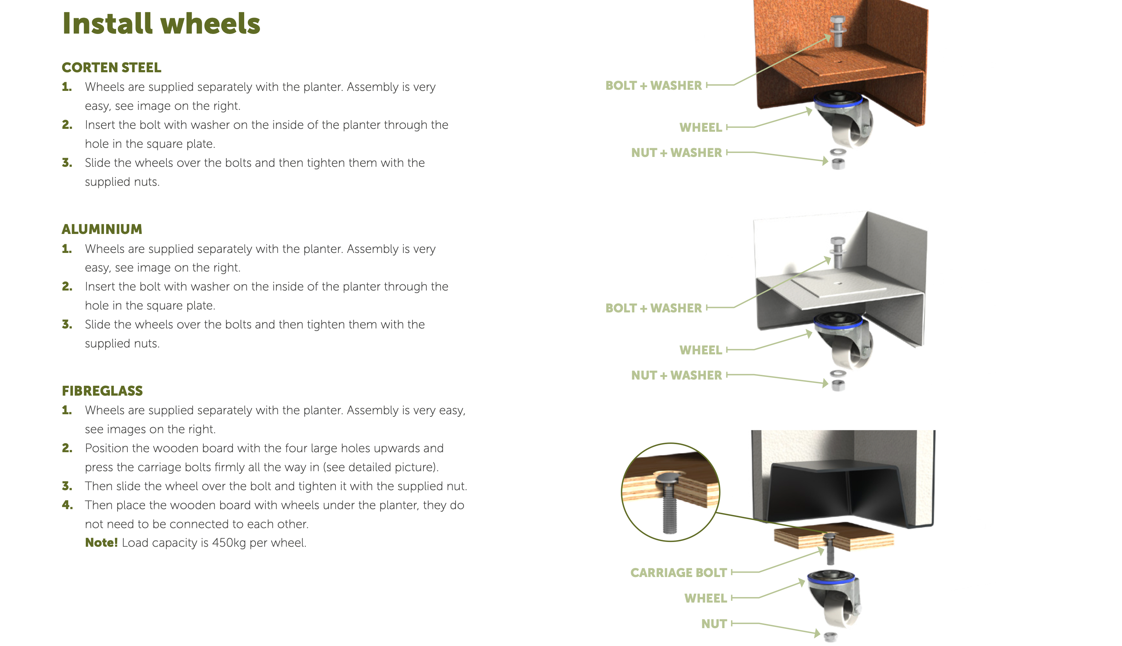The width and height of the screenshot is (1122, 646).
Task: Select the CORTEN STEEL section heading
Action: (x=111, y=68)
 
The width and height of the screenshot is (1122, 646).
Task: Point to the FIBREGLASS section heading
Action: (x=102, y=391)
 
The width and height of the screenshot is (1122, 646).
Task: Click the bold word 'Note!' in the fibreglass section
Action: (x=101, y=543)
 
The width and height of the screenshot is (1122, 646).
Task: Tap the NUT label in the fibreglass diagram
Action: (x=714, y=624)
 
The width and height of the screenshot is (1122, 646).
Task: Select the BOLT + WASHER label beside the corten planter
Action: (x=653, y=86)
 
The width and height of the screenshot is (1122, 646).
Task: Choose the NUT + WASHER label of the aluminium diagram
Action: (x=677, y=375)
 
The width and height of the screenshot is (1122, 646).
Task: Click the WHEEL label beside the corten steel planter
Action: (x=700, y=128)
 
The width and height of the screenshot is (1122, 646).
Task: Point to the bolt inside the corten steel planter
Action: (x=837, y=31)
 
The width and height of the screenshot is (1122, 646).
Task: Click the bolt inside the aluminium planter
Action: (x=837, y=253)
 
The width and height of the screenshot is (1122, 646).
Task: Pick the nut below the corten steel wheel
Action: (x=838, y=164)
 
